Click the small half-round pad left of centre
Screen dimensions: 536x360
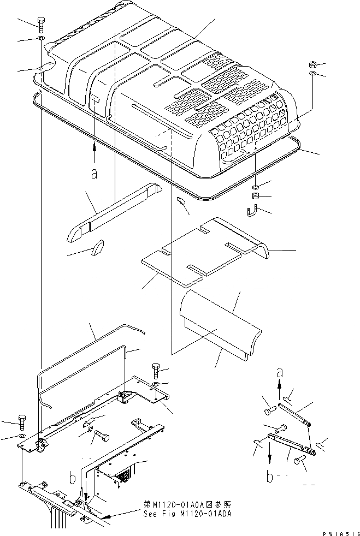pyautogui.click(x=98, y=247)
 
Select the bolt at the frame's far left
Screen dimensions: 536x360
pyautogui.click(x=21, y=422)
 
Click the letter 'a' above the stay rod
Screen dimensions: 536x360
pyautogui.click(x=280, y=374)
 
